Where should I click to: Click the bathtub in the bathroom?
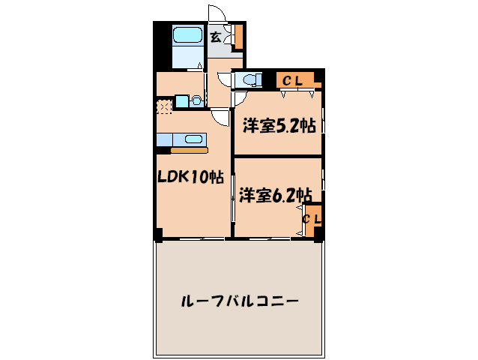[187, 36]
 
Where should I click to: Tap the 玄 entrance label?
[215, 37]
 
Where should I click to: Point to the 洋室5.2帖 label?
[278, 126]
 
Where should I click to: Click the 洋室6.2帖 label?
[275, 196]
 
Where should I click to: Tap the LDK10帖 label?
[190, 178]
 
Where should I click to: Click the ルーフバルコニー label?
[240, 302]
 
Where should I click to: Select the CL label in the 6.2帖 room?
[312, 218]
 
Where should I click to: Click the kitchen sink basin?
[193, 139]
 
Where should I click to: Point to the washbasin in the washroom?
[196, 100]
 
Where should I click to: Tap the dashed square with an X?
[164, 106]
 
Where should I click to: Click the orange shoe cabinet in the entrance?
[239, 36]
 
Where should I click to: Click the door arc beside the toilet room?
[225, 78]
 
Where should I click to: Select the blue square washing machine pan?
[182, 100]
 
